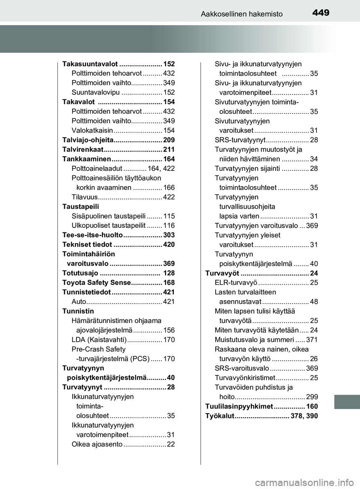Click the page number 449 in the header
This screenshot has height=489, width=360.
[321, 13]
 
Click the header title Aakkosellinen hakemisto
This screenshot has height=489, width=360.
[241, 14]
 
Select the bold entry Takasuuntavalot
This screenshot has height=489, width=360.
[90, 64]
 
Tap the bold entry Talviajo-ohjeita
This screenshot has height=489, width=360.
[87, 140]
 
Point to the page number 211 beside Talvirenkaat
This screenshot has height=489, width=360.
[169, 150]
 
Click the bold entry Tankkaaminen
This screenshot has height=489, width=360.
[86, 159]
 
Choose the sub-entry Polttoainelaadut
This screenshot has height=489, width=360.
[97, 169]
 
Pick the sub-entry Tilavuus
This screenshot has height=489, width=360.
[84, 197]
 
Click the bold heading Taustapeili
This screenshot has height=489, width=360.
[81, 206]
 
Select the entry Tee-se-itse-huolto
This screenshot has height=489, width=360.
[92, 235]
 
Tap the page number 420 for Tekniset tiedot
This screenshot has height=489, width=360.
[169, 245]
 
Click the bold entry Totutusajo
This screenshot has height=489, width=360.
[80, 273]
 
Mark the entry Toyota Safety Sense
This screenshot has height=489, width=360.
[96, 283]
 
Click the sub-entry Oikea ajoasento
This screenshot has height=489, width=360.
[97, 444]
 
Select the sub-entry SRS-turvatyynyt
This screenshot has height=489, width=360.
[240, 140]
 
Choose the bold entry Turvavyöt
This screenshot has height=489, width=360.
[222, 273]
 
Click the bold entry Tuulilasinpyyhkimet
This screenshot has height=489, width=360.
[239, 407]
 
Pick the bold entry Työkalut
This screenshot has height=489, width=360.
[219, 416]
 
